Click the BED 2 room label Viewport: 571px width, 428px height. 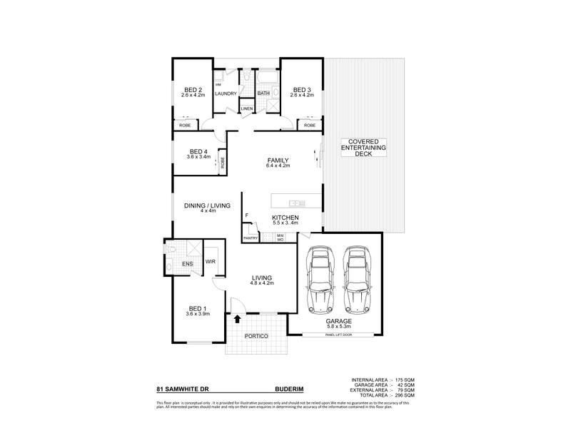click(x=192, y=90)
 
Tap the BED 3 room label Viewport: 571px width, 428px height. click(x=303, y=90)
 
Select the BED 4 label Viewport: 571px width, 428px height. click(x=198, y=151)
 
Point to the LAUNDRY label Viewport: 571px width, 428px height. click(x=226, y=93)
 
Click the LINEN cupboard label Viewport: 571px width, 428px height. click(x=246, y=108)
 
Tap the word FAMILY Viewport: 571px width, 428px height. click(x=278, y=161)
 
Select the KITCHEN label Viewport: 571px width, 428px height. click(x=285, y=218)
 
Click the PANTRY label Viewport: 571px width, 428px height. click(x=250, y=238)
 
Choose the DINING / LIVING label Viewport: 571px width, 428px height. click(x=208, y=205)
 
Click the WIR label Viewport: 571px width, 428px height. click(x=211, y=262)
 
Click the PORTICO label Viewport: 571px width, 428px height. click(x=255, y=335)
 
